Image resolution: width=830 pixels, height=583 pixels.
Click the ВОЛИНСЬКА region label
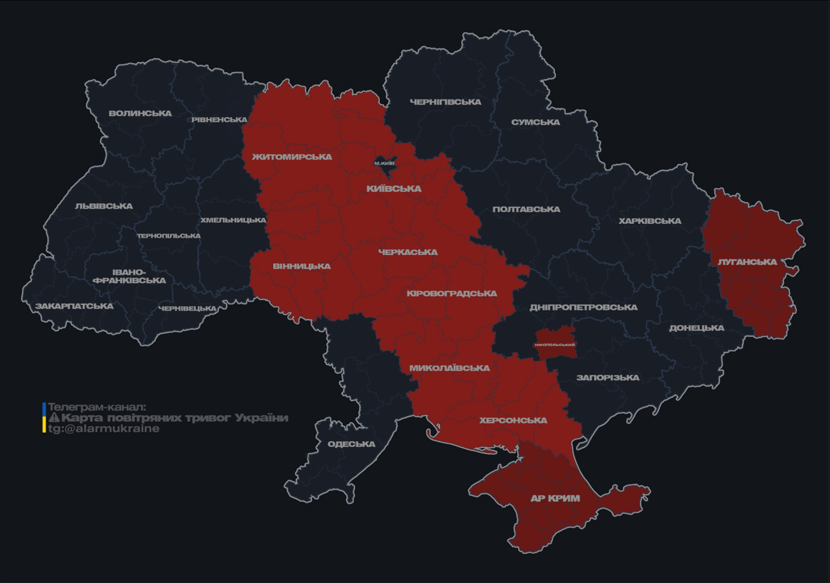[140, 114]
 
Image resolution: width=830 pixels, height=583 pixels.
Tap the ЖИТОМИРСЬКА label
[292, 157]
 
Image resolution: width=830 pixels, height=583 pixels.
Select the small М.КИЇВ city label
[385, 163]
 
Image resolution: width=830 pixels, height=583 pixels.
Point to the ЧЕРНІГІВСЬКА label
[445, 102]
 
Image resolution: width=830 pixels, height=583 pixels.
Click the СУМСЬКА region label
[536, 122]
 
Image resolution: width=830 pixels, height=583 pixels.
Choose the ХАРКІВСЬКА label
[649, 221]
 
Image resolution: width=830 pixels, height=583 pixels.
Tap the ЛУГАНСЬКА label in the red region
[747, 262]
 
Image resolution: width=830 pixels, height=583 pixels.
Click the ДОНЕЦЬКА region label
[696, 328]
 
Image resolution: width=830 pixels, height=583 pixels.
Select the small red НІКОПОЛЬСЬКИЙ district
[555, 344]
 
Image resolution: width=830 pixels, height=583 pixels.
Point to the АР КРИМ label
[555, 499]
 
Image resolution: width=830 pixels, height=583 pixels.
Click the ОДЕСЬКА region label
[351, 444]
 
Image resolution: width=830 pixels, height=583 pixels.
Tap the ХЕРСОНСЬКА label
[513, 420]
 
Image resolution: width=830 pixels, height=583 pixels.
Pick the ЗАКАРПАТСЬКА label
[74, 306]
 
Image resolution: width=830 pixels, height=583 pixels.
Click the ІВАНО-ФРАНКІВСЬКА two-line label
[129, 276]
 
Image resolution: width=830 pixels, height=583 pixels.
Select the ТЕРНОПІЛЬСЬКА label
[168, 236]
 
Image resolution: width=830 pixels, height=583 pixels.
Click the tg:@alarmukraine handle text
[104, 429]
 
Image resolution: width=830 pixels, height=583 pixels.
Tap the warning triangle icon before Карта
[54, 418]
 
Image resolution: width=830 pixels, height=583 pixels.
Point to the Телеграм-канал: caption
[96, 407]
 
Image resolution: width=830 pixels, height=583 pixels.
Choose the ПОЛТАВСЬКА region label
[526, 210]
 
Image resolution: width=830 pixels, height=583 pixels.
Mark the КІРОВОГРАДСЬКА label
[451, 294]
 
